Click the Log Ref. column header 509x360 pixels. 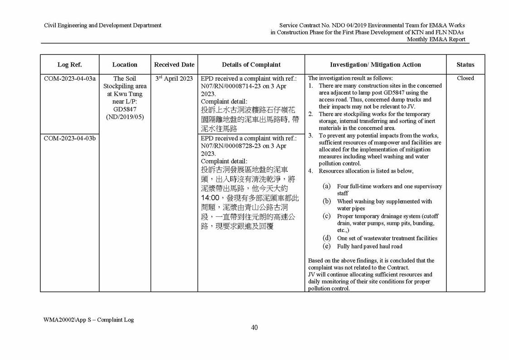pyautogui.click(x=69, y=65)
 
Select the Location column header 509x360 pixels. pyautogui.click(x=125, y=65)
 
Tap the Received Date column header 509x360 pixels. pyautogui.click(x=174, y=65)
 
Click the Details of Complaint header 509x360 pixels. pyautogui.click(x=251, y=65)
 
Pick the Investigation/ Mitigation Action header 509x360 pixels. pyautogui.click(x=375, y=65)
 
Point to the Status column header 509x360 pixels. pyautogui.click(x=465, y=65)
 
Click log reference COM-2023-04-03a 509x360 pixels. pyautogui.click(x=69, y=78)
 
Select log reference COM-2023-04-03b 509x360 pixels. pyautogui.click(x=69, y=138)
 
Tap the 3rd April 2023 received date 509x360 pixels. pyautogui.click(x=174, y=78)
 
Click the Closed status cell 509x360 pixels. pyautogui.click(x=465, y=78)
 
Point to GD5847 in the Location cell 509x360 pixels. pyautogui.click(x=125, y=109)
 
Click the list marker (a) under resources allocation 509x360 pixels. pyautogui.click(x=326, y=186)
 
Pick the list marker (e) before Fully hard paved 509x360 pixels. pyautogui.click(x=326, y=246)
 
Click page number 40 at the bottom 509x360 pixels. pyautogui.click(x=254, y=327)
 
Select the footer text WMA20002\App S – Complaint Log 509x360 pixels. pyautogui.click(x=89, y=320)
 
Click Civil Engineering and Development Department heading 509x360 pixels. pyautogui.click(x=102, y=25)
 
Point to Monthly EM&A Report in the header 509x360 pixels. pyautogui.click(x=436, y=39)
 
